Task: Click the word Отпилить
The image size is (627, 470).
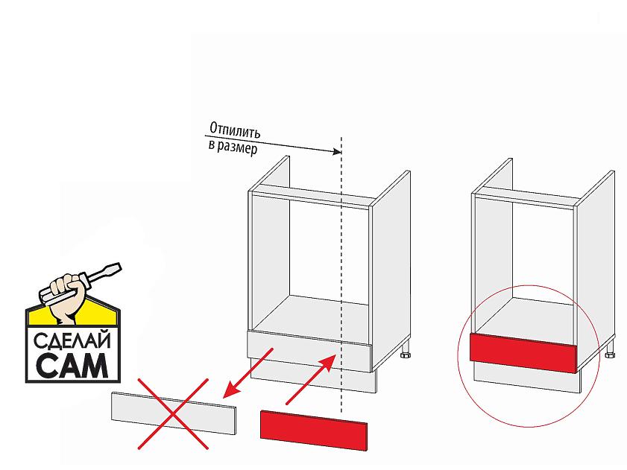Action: [x=235, y=130]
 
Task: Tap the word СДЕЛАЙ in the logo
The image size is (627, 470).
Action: [x=72, y=341]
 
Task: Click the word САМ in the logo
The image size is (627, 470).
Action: [x=72, y=365]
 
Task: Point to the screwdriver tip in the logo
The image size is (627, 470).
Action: [x=117, y=267]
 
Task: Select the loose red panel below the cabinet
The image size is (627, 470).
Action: [x=313, y=431]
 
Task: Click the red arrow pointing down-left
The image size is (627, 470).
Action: [x=248, y=373]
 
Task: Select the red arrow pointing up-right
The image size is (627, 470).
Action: [x=311, y=379]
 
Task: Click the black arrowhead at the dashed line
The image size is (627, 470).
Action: [x=337, y=151]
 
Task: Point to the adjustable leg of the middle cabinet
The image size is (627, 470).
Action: [x=406, y=352]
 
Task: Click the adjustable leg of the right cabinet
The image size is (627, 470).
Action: [x=609, y=350]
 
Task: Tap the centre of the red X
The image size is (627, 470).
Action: [x=173, y=414]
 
